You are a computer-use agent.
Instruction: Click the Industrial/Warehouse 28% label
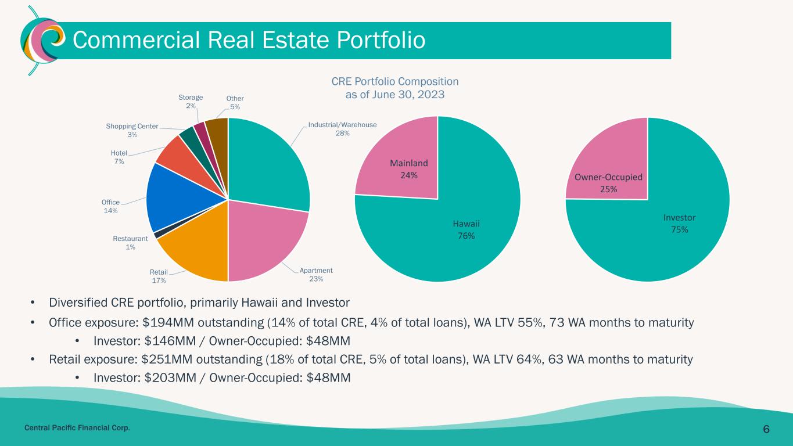(x=342, y=129)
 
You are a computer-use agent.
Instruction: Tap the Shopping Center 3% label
(x=132, y=130)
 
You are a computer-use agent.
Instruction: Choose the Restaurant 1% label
(x=130, y=243)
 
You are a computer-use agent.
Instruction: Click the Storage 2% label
(x=191, y=102)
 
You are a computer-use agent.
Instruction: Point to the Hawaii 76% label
(x=467, y=230)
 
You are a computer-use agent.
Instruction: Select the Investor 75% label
(x=679, y=224)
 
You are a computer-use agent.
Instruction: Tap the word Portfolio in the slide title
(x=381, y=39)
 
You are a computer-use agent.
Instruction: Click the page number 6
(x=766, y=429)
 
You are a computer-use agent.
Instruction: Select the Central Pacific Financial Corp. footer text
(x=77, y=428)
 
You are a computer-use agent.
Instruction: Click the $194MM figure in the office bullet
(x=168, y=323)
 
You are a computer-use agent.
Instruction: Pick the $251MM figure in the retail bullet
(x=167, y=359)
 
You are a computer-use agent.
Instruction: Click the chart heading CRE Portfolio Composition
(x=395, y=82)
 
